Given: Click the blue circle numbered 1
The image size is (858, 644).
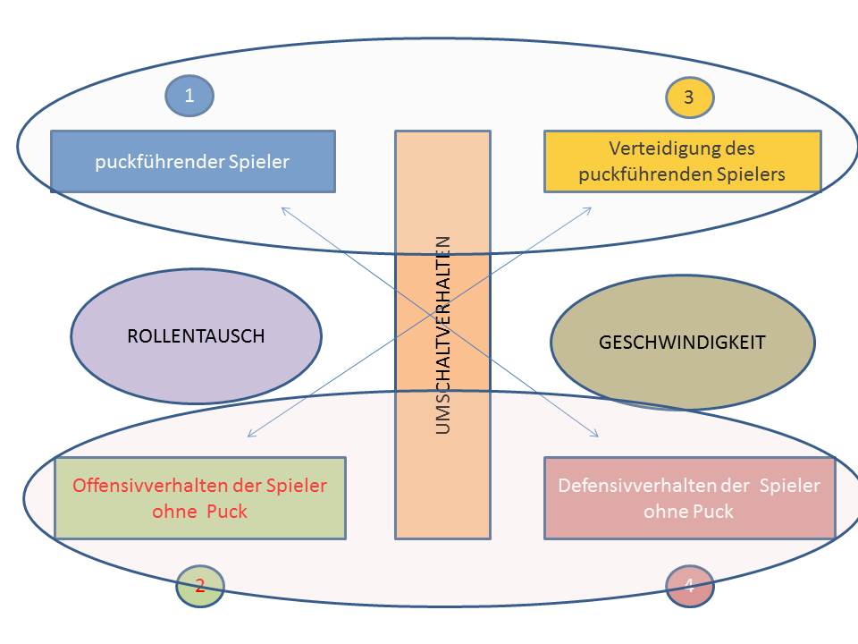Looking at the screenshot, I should tap(189, 97).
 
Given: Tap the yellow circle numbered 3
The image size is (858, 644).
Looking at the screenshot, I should tap(689, 97).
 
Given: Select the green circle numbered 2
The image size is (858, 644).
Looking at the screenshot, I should tap(200, 586).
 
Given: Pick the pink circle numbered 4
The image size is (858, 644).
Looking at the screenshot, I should tap(689, 586).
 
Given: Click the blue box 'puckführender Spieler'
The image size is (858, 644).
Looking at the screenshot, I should tap(193, 162).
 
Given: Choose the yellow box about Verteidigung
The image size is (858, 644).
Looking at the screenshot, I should tap(682, 162).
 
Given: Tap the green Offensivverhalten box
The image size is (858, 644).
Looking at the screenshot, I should tap(200, 498).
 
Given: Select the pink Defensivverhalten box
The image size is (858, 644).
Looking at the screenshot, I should tap(689, 498).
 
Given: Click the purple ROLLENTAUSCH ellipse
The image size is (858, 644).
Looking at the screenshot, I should tap(196, 336).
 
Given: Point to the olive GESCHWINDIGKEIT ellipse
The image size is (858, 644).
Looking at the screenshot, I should tap(683, 342).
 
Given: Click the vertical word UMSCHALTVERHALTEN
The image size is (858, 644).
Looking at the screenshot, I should tap(443, 335).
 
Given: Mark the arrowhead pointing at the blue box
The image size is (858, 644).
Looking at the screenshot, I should tap(285, 210).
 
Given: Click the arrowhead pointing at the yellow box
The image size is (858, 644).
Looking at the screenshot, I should tap(587, 210).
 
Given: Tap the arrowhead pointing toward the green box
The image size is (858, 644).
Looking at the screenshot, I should tap(251, 435).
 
